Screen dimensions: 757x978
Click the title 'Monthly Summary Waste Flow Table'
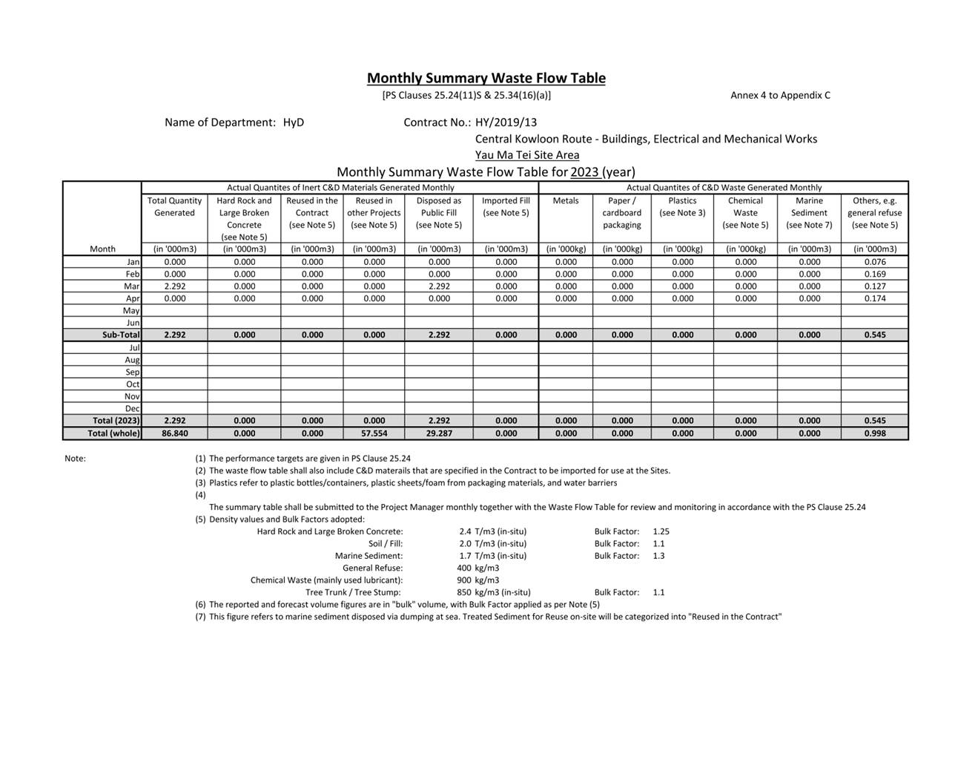tap(486, 78)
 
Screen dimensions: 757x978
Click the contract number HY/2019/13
tap(506, 122)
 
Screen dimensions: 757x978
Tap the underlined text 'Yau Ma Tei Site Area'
tap(527, 155)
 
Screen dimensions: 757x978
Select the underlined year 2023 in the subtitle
tap(584, 172)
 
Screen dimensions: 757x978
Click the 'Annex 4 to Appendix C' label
tap(780, 95)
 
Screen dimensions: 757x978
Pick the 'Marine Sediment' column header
tap(809, 212)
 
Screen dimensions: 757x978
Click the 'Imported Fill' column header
tap(506, 206)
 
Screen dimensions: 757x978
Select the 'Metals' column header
tap(566, 200)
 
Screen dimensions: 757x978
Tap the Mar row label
tap(132, 286)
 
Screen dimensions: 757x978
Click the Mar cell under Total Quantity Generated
tap(174, 286)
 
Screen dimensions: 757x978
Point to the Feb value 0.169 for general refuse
tap(874, 274)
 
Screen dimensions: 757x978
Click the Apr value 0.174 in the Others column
tap(874, 298)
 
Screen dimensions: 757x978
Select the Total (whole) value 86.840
tap(174, 433)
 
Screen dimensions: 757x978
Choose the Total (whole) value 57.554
tap(374, 433)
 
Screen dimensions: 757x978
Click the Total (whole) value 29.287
tap(439, 433)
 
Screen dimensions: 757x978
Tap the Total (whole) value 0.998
tap(874, 433)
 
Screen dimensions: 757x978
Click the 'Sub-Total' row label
tap(121, 335)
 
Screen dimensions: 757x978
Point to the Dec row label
tap(132, 409)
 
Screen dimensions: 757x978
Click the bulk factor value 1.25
tap(661, 531)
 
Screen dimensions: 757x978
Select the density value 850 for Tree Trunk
tap(464, 592)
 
